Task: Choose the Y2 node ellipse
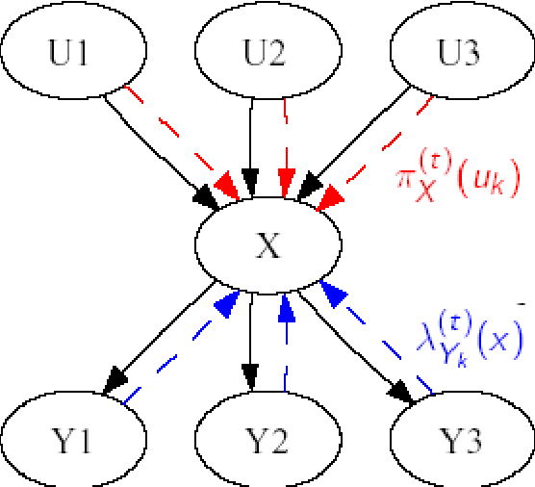pyautogui.click(x=267, y=442)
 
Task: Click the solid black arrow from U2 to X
pyautogui.click(x=252, y=144)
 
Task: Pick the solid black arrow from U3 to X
pyautogui.click(x=361, y=144)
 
